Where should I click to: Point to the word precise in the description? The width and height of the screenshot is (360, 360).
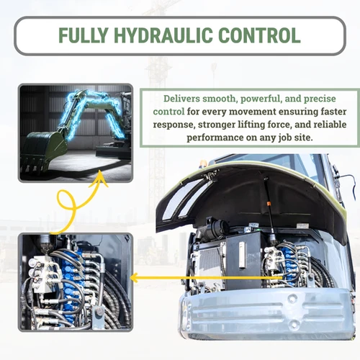pyautogui.click(x=320, y=99)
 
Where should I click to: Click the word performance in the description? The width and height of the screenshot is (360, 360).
pyautogui.click(x=215, y=138)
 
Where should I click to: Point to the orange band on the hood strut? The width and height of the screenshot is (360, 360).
pyautogui.click(x=269, y=204)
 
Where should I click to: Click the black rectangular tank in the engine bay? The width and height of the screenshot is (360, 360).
pyautogui.click(x=243, y=260)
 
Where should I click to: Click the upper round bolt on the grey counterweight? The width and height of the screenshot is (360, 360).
pyautogui.click(x=292, y=298)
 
